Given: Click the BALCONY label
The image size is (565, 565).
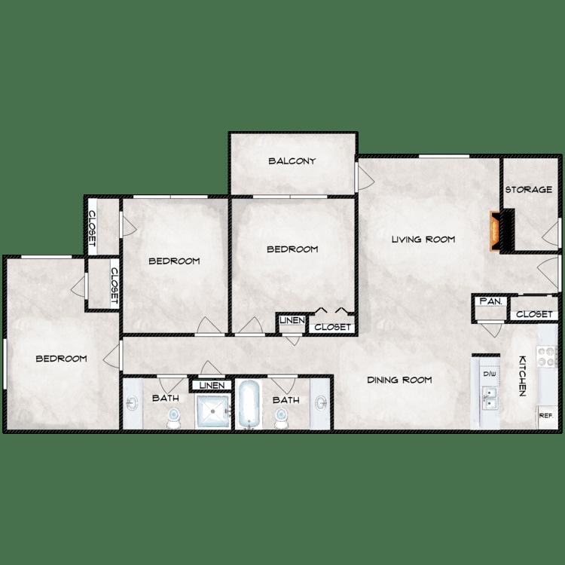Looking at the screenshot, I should tap(292, 161).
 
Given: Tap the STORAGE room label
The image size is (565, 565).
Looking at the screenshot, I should tap(529, 189).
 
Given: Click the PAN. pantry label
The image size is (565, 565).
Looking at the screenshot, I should tap(491, 301).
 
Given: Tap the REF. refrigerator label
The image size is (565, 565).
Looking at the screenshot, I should tap(546, 415).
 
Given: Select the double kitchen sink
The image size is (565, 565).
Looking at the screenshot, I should tap(490, 398).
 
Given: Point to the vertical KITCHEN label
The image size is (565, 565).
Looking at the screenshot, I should tap(521, 376).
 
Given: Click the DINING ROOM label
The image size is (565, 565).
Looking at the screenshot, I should tap(399, 380).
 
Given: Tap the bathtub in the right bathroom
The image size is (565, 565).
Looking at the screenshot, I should tap(249, 405).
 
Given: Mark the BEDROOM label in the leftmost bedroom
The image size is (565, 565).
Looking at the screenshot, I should tap(61, 359).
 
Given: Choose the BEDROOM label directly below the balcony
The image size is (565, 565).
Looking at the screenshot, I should tap(292, 249).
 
